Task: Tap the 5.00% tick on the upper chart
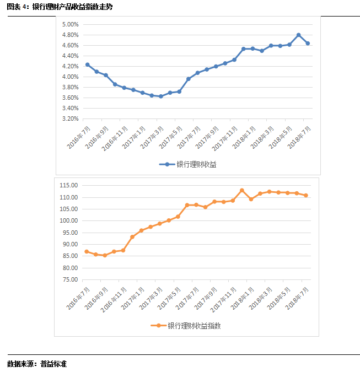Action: click(70, 24)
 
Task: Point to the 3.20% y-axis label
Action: click(70, 118)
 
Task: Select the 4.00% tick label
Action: click(70, 77)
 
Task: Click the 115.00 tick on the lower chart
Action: click(69, 185)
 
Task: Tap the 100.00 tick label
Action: click(69, 220)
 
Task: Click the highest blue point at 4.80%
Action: click(299, 35)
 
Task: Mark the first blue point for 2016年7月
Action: click(87, 64)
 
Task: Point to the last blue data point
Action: click(308, 43)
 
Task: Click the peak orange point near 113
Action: click(242, 190)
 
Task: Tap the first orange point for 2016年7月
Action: click(87, 251)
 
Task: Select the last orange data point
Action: click(306, 195)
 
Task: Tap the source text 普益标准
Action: click(53, 364)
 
